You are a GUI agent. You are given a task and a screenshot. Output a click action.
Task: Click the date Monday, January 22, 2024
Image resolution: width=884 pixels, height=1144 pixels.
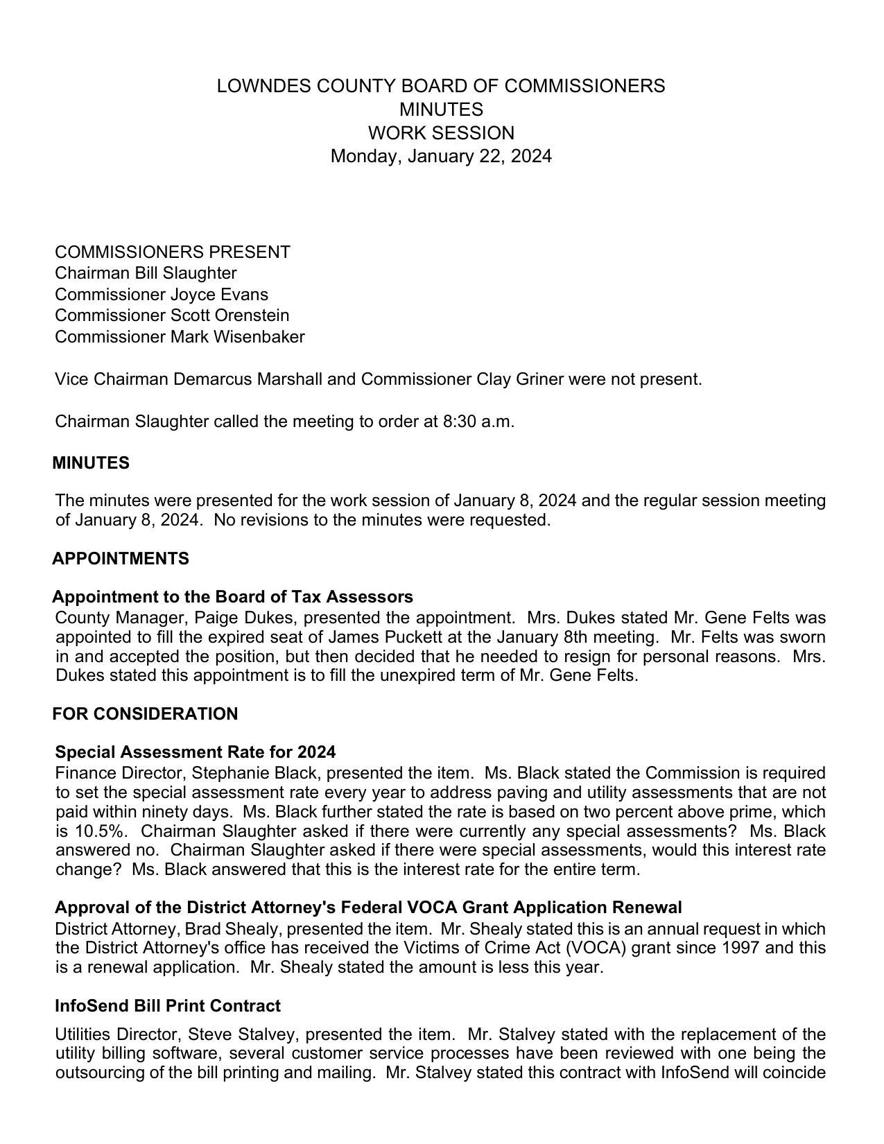(441, 156)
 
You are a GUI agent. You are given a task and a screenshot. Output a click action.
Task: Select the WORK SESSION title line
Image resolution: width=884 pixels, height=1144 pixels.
(441, 132)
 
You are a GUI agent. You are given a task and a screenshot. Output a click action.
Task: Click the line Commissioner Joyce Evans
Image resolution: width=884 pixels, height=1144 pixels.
(162, 294)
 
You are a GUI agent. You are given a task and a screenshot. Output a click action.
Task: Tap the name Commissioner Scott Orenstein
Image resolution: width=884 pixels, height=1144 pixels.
(172, 315)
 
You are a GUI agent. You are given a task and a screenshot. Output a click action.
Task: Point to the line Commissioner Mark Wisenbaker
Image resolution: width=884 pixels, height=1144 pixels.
(180, 337)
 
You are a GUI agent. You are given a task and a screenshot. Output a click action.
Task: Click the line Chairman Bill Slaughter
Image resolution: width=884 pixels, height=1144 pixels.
(146, 273)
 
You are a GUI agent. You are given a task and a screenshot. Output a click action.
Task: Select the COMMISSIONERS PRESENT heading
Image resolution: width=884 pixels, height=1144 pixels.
(173, 252)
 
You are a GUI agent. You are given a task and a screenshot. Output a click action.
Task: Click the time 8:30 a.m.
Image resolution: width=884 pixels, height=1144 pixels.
(478, 422)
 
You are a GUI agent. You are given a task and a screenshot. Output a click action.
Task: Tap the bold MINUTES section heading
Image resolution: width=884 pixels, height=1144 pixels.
(91, 463)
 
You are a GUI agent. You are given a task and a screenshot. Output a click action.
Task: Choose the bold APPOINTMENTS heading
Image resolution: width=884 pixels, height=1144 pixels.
(121, 559)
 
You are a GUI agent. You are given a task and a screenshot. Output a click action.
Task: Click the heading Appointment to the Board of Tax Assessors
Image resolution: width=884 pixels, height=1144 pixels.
(233, 597)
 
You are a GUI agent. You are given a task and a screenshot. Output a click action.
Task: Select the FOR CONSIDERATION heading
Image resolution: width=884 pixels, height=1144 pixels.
(145, 714)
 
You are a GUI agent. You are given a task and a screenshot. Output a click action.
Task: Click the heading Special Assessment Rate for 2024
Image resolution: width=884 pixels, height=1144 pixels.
(196, 752)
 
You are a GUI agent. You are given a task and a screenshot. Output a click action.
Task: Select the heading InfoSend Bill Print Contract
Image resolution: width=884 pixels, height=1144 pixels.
(168, 1006)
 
